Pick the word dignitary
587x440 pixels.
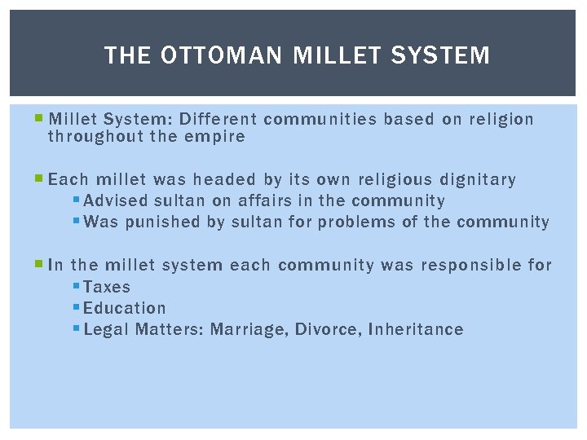click(x=478, y=179)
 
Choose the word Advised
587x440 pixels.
click(x=115, y=200)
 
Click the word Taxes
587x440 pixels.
click(x=107, y=287)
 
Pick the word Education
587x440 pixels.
click(x=124, y=308)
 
